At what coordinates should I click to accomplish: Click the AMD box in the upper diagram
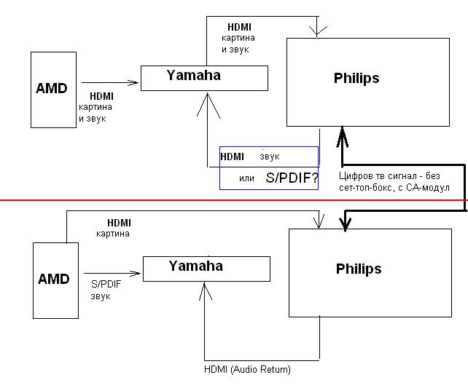pos(52,89)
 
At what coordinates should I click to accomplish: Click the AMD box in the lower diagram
pos(55,280)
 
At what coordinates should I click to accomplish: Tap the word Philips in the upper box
pos(356,78)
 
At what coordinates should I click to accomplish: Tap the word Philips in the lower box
pos(359,269)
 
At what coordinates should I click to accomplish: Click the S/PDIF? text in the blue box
pos(292,177)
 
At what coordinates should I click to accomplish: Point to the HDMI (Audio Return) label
pos(247,370)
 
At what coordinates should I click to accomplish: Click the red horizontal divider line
pos(146,199)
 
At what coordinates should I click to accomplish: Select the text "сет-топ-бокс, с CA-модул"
pos(394,187)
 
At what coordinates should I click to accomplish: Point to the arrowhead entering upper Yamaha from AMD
pos(136,82)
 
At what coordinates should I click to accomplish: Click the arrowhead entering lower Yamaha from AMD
pos(137,274)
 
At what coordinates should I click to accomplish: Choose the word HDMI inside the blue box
pos(233,157)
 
